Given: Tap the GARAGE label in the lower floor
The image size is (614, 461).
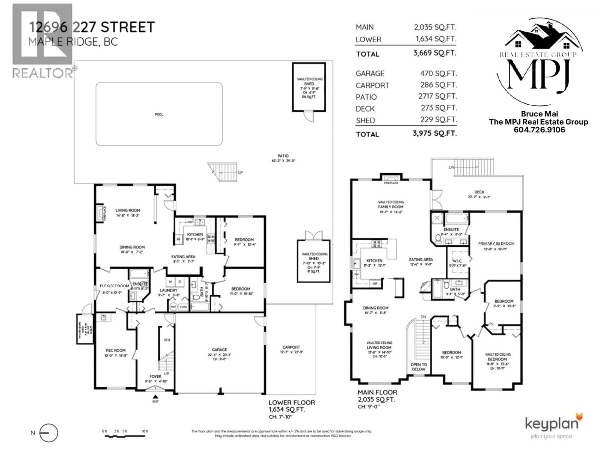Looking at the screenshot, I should tap(219, 350).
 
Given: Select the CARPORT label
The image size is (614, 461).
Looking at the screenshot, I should tap(291, 347).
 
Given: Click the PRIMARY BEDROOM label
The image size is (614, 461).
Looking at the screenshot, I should tap(496, 244).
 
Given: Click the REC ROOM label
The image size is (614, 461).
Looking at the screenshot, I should tap(115, 350).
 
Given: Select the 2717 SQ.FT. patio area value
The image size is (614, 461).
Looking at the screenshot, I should tap(437, 96).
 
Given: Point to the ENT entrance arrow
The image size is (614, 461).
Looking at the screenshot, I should tap(155, 396).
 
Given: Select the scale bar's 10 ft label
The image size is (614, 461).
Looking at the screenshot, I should tap(145, 431).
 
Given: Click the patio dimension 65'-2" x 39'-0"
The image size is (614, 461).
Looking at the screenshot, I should tap(283, 161).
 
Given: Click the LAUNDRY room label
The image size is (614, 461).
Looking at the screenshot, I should tap(169, 290).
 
